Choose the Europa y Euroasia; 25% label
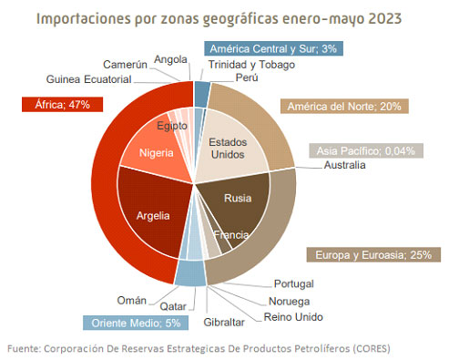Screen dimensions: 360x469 click(x=368, y=254)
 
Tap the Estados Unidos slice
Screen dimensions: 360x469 click(x=229, y=147)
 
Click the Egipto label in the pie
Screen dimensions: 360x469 click(x=172, y=125)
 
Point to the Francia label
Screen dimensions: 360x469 click(x=237, y=235)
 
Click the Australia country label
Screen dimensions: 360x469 click(x=344, y=165)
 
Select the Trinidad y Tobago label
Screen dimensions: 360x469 click(x=250, y=64)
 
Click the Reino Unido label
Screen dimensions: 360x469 click(x=293, y=316)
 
